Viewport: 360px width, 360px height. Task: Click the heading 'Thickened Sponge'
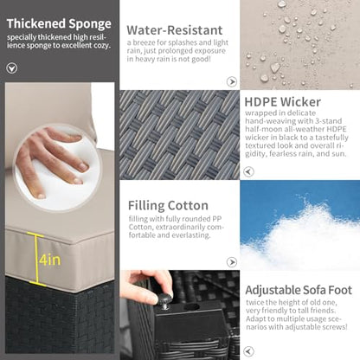click(59, 24)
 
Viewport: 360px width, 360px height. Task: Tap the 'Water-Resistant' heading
click(175, 30)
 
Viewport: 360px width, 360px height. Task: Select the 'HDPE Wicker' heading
click(283, 102)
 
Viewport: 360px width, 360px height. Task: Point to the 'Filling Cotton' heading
click(168, 206)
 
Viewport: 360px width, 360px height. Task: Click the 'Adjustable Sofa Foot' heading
click(299, 290)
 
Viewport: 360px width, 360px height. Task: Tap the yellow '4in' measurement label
click(50, 260)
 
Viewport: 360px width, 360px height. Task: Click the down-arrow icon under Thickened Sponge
click(12, 68)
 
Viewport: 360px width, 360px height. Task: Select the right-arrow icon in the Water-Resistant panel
click(232, 82)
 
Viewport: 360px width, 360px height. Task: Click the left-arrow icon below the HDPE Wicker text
click(248, 171)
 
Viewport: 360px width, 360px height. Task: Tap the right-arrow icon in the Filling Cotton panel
click(232, 262)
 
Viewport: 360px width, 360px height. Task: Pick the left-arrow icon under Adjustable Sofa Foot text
click(248, 351)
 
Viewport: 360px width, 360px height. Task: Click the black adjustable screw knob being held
click(165, 301)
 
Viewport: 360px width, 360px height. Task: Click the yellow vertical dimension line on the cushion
click(36, 259)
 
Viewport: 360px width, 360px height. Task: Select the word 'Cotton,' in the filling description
click(140, 227)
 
